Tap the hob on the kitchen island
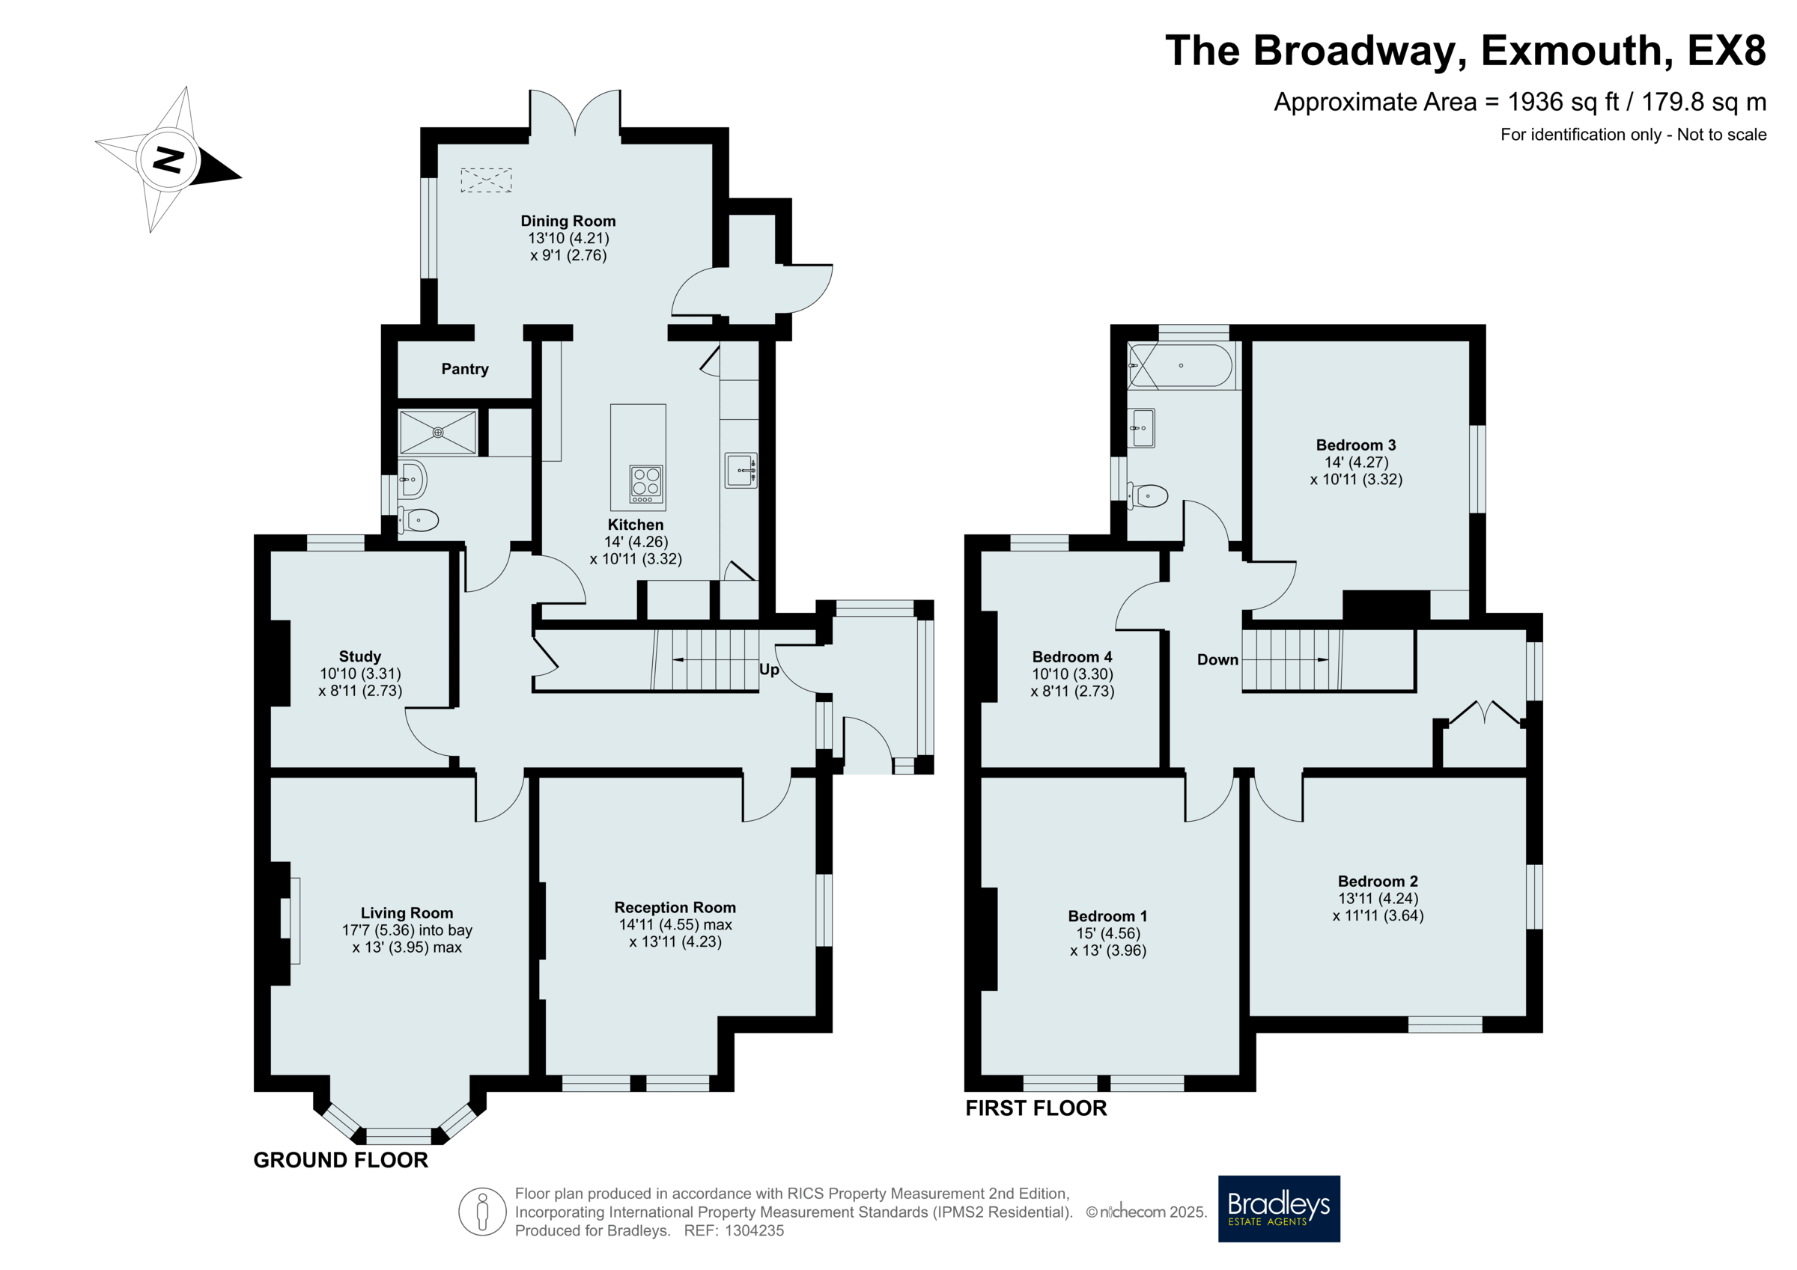point(646,483)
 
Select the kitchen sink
point(741,470)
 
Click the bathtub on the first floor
point(1180,365)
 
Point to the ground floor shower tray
point(438,432)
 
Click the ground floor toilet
point(418,519)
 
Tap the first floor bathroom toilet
point(1147,495)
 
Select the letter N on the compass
point(168,159)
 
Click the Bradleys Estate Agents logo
point(1279,1208)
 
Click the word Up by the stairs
point(770,670)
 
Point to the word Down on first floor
point(1217,659)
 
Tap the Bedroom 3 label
point(1355,445)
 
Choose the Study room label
point(360,656)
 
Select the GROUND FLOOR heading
point(341,1160)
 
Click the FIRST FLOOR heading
point(1036,1108)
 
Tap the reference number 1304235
point(755,1230)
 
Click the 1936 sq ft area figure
point(1563,102)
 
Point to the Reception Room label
point(675,907)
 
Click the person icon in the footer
point(482,1212)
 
